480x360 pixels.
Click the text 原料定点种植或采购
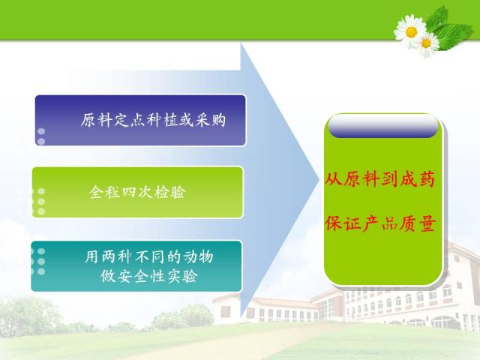click(153, 120)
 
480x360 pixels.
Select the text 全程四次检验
click(137, 192)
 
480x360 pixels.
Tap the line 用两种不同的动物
click(149, 256)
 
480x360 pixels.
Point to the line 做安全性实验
click(149, 276)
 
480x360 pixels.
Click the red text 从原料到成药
click(380, 179)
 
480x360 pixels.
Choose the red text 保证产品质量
click(380, 223)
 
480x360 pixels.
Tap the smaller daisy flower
click(426, 43)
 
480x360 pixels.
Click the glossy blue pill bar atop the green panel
click(383, 127)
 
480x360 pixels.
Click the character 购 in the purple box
click(218, 120)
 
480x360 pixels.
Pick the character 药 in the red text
click(427, 179)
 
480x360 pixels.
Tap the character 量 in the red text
click(427, 223)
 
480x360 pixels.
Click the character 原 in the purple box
click(88, 120)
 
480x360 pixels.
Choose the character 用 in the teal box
click(92, 256)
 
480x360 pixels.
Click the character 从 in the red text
click(333, 179)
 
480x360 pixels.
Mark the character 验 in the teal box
click(190, 276)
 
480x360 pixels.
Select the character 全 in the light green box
click(97, 192)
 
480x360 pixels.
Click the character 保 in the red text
click(333, 223)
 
